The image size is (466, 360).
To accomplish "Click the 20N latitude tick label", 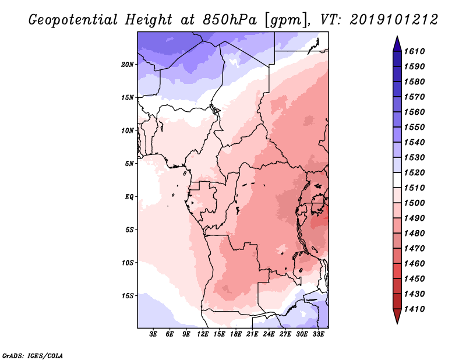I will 128,64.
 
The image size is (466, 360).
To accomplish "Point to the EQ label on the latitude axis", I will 129,196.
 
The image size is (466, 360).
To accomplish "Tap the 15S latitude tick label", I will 128,295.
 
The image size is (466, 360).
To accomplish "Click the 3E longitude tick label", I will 154,334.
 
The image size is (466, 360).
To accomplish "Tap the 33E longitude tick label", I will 319,334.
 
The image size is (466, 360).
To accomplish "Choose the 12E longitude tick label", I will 203,334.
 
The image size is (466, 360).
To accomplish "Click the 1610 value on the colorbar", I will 416,51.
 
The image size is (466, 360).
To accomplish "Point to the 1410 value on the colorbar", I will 416,309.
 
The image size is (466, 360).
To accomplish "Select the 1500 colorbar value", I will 416,203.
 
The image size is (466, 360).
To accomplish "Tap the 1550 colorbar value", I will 416,127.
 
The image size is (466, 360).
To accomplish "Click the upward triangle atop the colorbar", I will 397,43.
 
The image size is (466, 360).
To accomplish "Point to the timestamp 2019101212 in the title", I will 394,20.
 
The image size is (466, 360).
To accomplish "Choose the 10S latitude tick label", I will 128,262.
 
